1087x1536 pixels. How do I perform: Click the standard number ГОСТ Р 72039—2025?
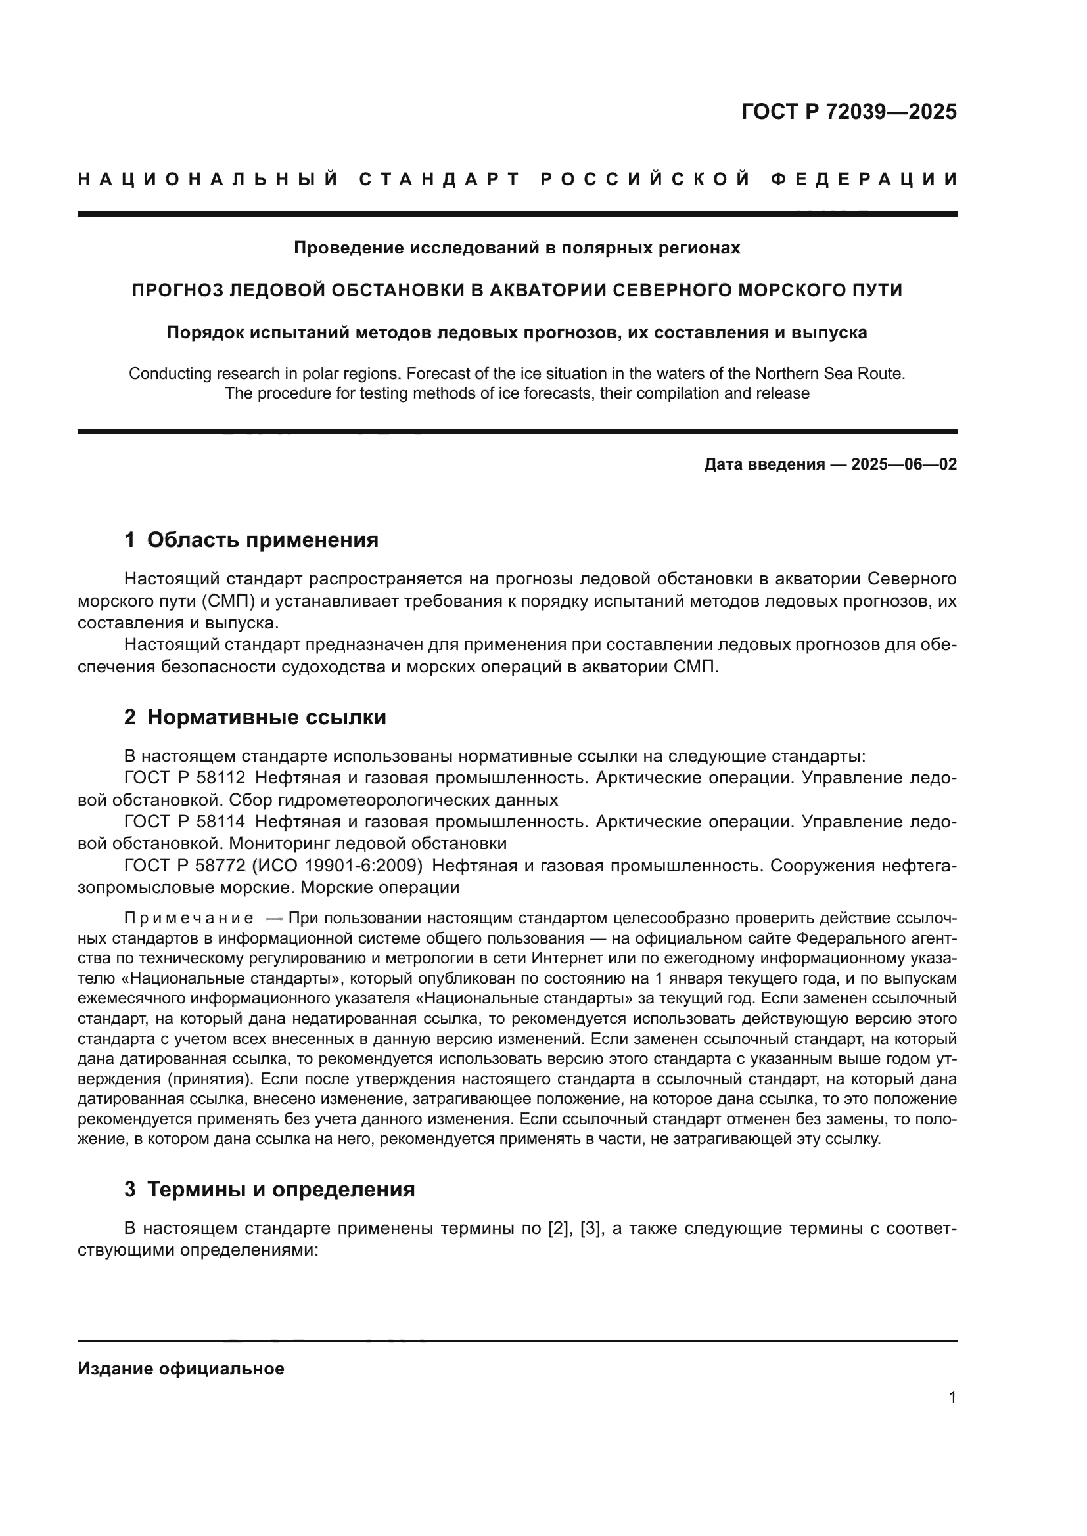pyautogui.click(x=848, y=112)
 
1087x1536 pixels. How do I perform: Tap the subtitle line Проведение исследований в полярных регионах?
pyautogui.click(x=517, y=248)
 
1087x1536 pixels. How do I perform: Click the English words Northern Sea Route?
pyautogui.click(x=831, y=373)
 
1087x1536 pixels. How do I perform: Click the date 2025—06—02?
pyautogui.click(x=904, y=464)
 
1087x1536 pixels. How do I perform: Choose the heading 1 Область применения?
pyautogui.click(x=251, y=540)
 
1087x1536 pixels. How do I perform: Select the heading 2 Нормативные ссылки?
pyautogui.click(x=255, y=717)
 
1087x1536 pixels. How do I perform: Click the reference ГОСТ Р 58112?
pyautogui.click(x=184, y=778)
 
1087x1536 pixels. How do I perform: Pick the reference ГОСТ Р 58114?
pyautogui.click(x=184, y=822)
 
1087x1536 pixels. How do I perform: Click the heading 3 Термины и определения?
pyautogui.click(x=269, y=1189)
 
